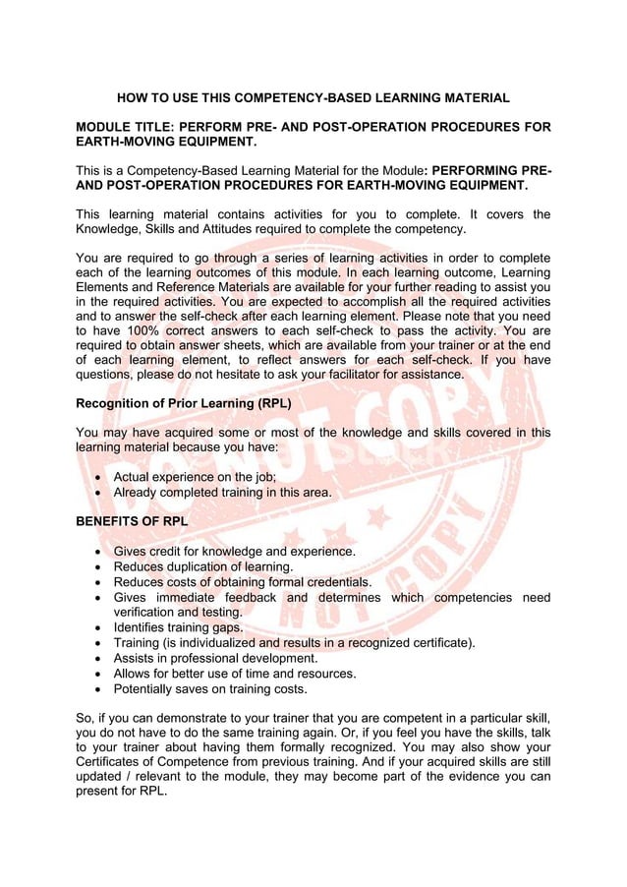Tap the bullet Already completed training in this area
click(222, 492)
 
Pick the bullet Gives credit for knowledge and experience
click(234, 551)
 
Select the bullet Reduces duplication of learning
click(202, 566)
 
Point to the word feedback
click(254, 597)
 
